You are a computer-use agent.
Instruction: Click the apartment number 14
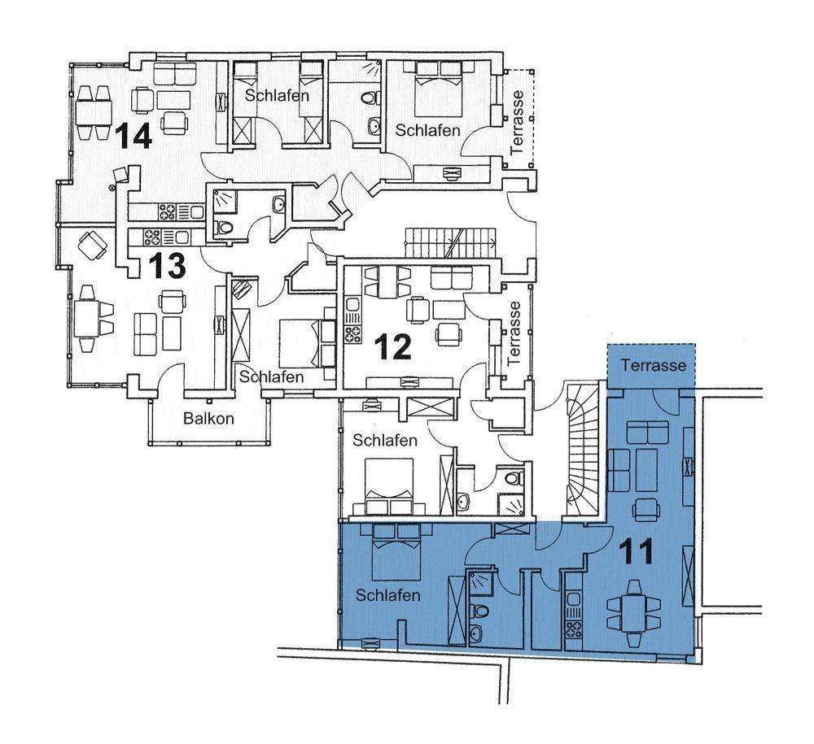133,136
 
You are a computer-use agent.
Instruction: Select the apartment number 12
393,346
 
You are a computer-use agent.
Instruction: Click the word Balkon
208,419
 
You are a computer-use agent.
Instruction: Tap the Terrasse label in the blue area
653,366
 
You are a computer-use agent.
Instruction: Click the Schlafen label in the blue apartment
387,594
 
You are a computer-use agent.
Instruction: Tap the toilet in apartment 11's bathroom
481,611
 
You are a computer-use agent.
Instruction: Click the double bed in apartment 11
396,551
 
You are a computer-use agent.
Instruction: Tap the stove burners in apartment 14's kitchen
167,211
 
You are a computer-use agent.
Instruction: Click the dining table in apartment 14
94,112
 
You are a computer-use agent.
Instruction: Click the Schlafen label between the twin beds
278,95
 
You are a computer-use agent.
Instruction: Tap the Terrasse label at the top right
518,123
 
